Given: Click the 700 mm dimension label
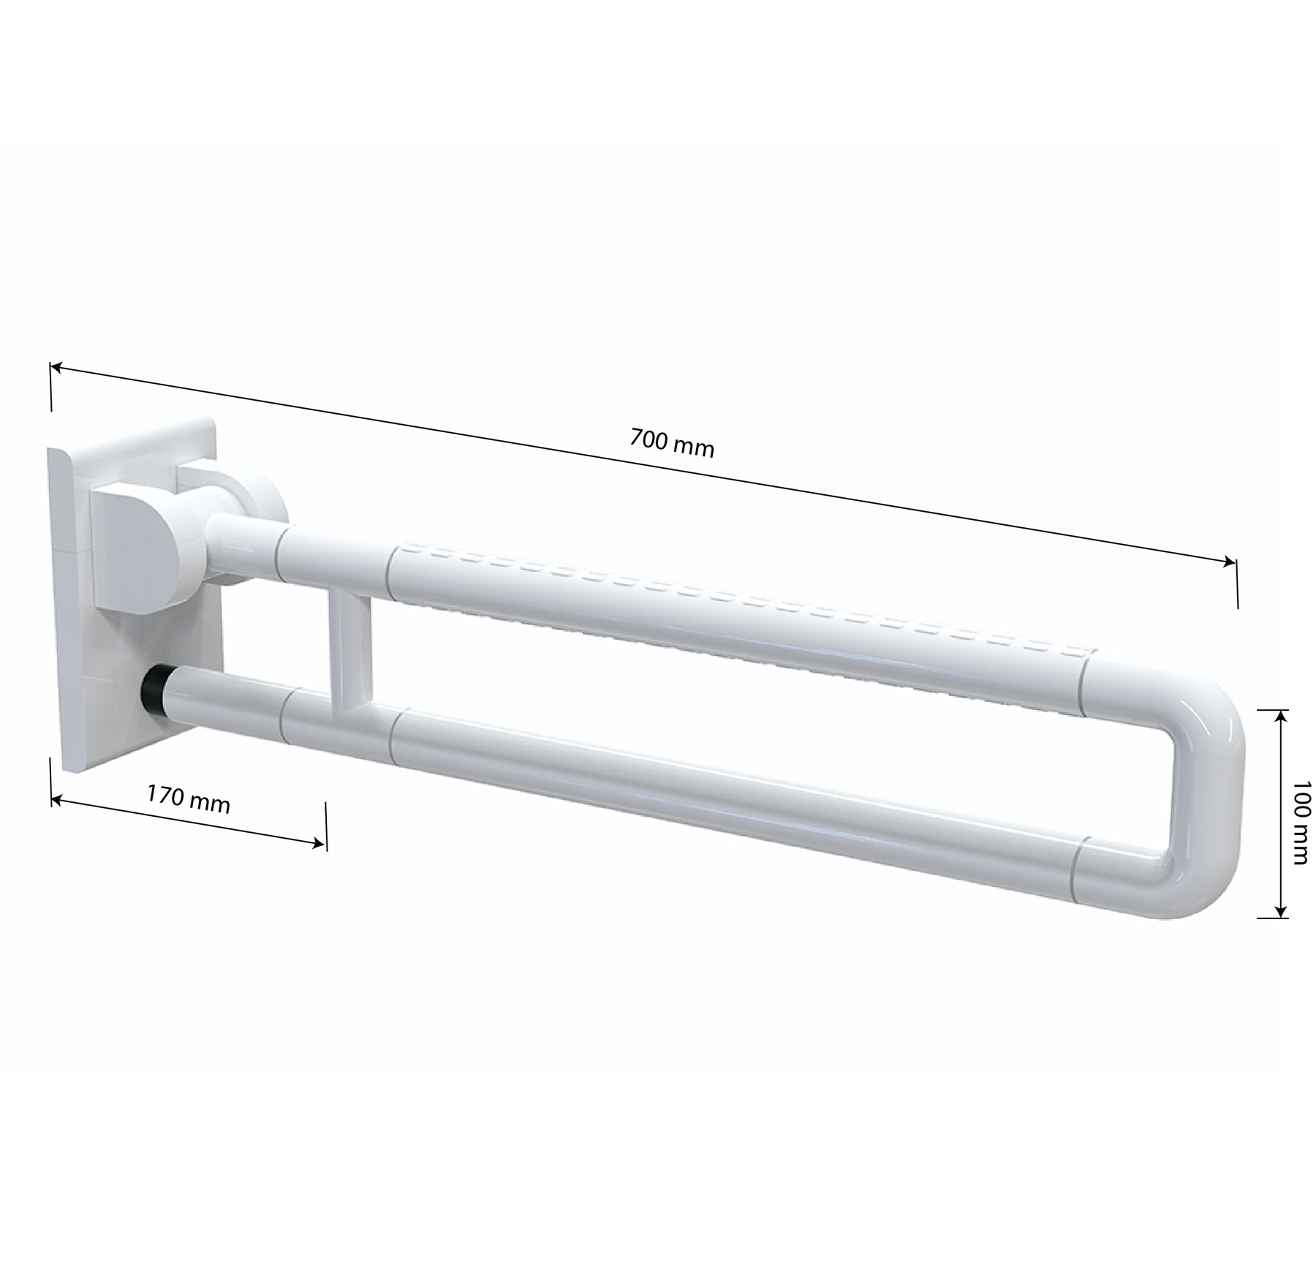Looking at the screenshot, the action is pos(671,443).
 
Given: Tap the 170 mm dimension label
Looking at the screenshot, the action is pos(189,799).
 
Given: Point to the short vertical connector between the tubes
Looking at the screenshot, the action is pos(349,654).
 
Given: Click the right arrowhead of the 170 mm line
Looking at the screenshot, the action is pos(318,844).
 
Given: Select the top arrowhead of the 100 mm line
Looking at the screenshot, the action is pos(1279,716).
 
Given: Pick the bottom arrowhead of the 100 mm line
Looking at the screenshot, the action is pos(1279,910).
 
